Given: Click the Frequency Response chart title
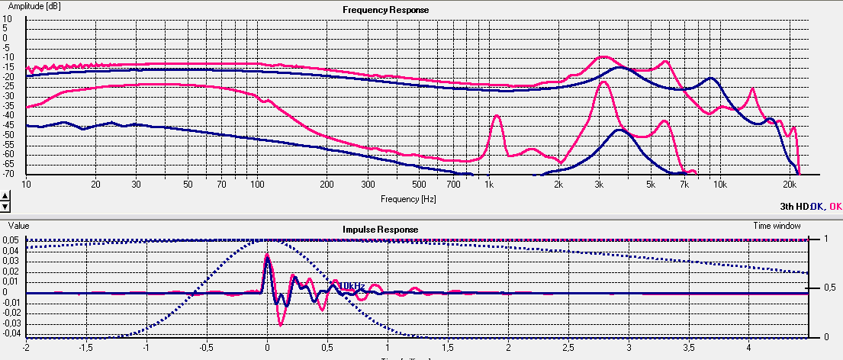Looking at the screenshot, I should point(385,10).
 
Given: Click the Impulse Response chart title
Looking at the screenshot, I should point(379,228).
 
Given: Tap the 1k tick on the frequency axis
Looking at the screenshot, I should point(489,185).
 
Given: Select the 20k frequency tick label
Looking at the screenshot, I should point(790,185).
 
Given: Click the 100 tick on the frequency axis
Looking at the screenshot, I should point(257,185).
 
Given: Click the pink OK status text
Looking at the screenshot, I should point(835,206).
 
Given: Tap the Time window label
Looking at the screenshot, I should point(778,226).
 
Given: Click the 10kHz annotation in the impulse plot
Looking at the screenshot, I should point(351,285).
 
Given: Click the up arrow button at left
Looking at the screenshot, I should point(5,197).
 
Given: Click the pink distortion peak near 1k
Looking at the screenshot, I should point(497,116).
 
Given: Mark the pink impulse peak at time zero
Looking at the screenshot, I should point(266,254).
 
